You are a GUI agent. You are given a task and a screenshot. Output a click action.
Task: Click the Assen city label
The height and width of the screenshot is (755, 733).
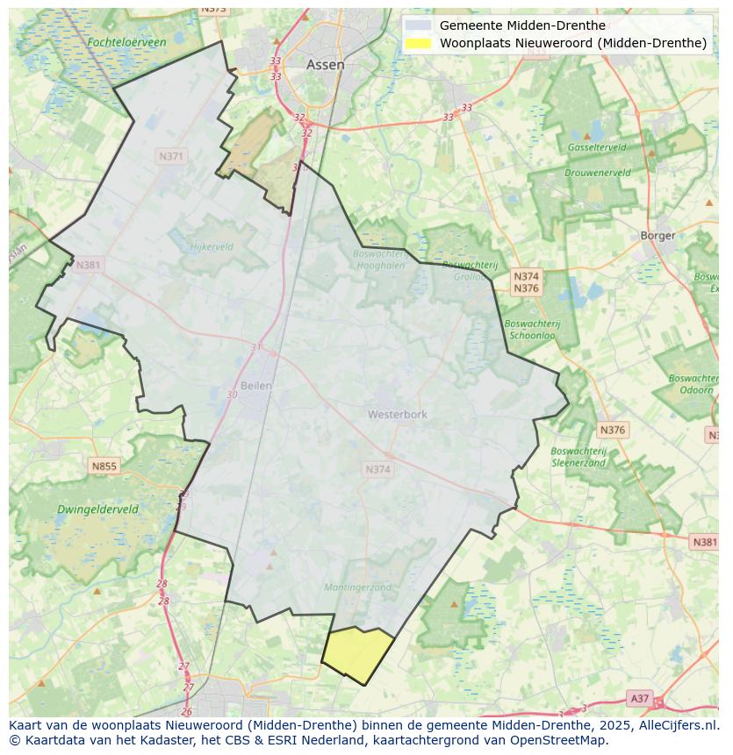(325, 65)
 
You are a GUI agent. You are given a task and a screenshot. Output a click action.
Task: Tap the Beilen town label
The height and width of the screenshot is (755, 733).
(256, 385)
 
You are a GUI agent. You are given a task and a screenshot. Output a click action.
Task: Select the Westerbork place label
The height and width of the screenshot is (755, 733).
(397, 414)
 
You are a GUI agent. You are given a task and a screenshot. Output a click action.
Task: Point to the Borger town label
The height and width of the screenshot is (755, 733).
(658, 235)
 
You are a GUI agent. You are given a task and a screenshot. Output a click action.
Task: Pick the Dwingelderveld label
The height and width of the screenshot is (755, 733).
(97, 509)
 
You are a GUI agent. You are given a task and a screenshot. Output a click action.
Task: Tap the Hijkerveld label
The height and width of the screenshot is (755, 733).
(212, 247)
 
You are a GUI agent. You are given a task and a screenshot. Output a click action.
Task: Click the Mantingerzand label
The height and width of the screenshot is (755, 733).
(357, 588)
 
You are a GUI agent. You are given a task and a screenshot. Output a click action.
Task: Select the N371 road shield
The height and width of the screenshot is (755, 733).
(171, 156)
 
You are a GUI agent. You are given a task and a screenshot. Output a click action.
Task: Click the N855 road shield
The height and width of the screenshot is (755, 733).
(104, 466)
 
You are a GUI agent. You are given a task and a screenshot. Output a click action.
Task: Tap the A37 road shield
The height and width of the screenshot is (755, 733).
(640, 698)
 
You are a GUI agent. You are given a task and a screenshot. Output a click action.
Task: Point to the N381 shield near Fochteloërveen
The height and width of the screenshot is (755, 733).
(88, 265)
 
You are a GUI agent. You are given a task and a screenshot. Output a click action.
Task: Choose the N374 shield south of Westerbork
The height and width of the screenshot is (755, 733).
(377, 470)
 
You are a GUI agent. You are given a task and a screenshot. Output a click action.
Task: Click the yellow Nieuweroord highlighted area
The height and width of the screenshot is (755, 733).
(358, 654)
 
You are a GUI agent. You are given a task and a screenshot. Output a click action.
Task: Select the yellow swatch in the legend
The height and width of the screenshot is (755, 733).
(418, 43)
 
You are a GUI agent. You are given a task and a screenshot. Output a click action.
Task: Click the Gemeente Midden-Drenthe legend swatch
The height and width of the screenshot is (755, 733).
(418, 25)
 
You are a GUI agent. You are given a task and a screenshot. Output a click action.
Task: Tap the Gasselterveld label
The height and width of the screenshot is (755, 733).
(596, 147)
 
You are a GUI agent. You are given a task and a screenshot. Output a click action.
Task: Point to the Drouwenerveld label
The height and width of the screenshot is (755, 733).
(597, 173)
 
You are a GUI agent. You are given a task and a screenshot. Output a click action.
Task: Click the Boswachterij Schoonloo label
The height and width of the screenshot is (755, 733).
(532, 329)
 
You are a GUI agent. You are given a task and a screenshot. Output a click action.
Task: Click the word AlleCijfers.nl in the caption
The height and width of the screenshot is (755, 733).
(676, 726)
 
